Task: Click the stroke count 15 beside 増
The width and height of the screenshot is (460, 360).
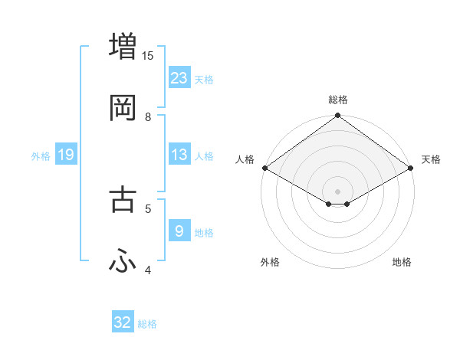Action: click(148, 55)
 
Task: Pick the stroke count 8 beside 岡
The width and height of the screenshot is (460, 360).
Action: click(148, 117)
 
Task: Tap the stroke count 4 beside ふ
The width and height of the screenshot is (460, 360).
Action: click(148, 270)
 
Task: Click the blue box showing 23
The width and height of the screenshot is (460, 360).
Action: click(179, 77)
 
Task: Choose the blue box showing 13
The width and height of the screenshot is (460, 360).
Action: click(179, 155)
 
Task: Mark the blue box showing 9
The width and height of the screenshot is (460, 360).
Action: click(179, 231)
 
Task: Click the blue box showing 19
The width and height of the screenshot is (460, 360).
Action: click(66, 155)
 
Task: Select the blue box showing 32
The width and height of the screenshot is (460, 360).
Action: click(123, 322)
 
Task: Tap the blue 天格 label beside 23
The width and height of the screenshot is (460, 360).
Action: click(204, 80)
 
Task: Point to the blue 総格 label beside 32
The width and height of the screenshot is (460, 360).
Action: click(147, 325)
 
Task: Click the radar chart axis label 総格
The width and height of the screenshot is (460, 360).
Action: click(338, 100)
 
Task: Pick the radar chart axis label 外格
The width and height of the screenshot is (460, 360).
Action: click(270, 262)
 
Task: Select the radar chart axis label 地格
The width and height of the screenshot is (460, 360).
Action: click(402, 262)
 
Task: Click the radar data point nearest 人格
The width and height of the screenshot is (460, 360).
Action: click(264, 168)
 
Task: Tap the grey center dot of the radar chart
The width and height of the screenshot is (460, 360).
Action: click(338, 191)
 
